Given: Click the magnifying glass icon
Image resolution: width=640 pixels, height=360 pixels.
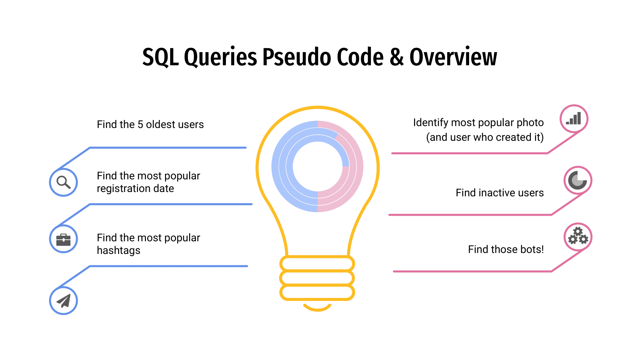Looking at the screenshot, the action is coord(63,182).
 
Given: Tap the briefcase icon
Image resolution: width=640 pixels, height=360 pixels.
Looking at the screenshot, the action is coord(63,239).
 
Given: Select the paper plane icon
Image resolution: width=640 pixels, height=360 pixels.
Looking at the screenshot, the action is coord(64,301).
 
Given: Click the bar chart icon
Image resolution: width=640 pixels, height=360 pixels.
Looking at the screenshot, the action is coord(573,118).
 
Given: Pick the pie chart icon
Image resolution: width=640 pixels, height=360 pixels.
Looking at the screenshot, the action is coord(578,180).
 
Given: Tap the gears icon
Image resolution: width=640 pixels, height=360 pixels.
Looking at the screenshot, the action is coord(578,236).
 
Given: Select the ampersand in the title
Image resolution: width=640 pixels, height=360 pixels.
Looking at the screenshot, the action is coord(397,57).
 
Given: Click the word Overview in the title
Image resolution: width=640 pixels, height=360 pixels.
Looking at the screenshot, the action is coord(453,57).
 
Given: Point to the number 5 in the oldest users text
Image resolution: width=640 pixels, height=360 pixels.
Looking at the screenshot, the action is coord(140,124).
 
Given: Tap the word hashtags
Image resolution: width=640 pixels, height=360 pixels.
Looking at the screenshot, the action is coord(119,251).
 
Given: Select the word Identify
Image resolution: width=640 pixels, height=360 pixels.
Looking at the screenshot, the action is coord(432,123).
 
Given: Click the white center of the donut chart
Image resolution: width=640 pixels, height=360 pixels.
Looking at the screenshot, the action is coord(317,166).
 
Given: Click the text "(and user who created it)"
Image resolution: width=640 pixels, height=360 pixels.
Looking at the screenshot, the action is coord(485,137).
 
